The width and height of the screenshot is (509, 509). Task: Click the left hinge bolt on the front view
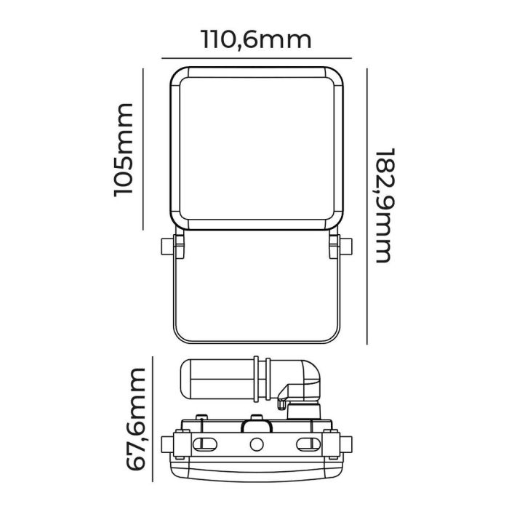pos(170,247)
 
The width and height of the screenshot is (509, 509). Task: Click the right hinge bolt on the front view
pos(340,247)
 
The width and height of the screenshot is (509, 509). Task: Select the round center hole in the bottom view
pos(256,445)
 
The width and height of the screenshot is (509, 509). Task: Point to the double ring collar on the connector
pos(260,377)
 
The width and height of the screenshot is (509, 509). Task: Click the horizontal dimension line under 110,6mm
pos(255,57)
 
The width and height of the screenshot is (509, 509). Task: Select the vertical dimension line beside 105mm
pos(145,149)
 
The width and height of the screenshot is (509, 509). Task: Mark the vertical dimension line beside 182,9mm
pos(366,206)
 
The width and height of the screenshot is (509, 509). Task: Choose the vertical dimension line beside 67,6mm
pos(153,420)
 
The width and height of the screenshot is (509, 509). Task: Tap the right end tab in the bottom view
pos(345,444)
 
